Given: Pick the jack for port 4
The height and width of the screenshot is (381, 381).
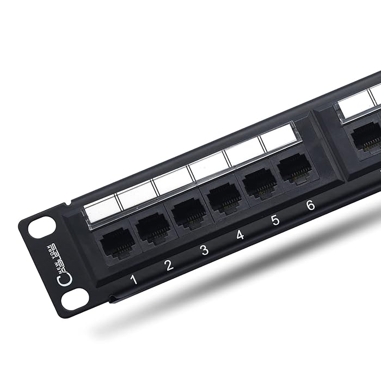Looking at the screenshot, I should pos(224,199).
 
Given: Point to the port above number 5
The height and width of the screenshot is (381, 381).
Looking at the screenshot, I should pos(260,183).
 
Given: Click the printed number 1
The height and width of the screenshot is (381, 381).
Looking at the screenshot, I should pos(134,280).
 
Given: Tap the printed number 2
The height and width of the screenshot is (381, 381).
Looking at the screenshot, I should pos(169,265).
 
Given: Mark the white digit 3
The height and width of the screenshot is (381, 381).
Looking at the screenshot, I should pos(204,250).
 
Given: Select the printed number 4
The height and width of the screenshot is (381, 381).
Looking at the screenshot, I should pos(240,235).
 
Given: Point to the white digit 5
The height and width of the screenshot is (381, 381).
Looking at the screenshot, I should pos(275,220).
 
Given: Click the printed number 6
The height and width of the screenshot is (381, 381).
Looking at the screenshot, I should pos(310,205).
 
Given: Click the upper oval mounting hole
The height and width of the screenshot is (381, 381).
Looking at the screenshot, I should pos(41,227).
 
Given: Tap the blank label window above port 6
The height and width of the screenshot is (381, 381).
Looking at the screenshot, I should pos(278,137).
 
